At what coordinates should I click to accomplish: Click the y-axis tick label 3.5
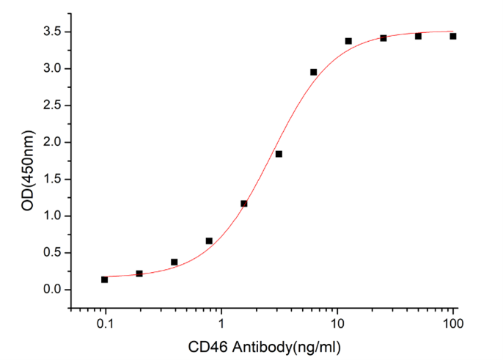[52, 32]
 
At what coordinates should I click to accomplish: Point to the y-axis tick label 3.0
[52, 69]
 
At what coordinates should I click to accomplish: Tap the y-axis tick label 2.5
[52, 106]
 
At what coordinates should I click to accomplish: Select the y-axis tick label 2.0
[52, 142]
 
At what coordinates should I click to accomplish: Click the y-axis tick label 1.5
[52, 179]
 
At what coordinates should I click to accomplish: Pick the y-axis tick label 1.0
[52, 216]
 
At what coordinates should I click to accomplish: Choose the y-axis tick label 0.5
[52, 253]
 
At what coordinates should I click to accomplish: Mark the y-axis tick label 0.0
[52, 290]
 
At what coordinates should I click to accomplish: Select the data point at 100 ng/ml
[453, 36]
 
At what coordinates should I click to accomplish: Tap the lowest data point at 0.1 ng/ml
[105, 279]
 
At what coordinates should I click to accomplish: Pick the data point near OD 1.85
[279, 154]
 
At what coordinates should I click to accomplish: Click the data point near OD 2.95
[314, 72]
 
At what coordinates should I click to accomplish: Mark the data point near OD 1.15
[244, 203]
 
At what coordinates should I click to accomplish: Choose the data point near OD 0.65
[209, 240]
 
